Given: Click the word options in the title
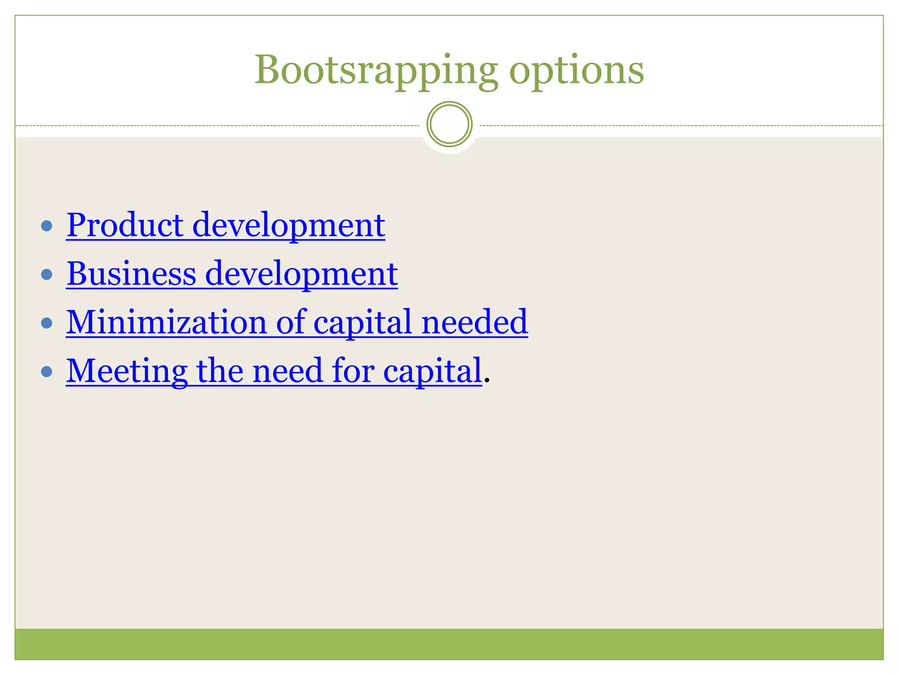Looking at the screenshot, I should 576,70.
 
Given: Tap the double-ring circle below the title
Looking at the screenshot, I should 449,124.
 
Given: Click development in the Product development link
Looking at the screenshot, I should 288,226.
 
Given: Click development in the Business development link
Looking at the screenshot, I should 301,274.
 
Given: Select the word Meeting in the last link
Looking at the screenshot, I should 126,372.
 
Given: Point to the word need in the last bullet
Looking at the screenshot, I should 288,371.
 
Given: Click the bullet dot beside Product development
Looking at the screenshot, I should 47,226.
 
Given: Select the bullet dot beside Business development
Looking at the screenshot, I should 47,275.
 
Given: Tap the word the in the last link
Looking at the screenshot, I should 219,371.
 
